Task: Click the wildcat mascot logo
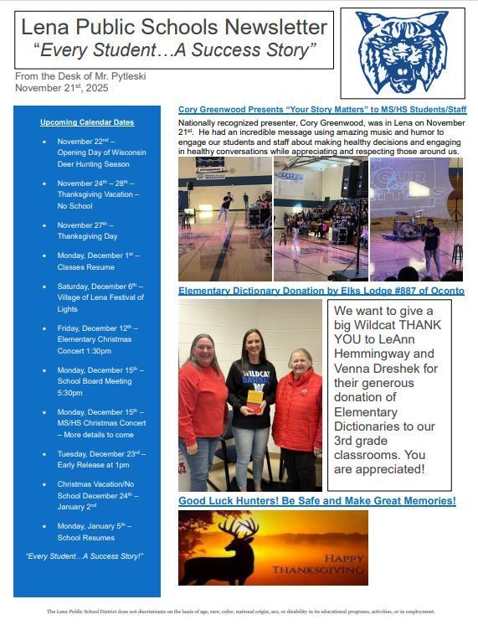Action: pyautogui.click(x=402, y=53)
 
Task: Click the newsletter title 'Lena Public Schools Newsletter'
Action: pyautogui.click(x=174, y=28)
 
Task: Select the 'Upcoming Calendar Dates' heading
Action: pyautogui.click(x=87, y=122)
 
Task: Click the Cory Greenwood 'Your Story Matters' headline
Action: pyautogui.click(x=322, y=110)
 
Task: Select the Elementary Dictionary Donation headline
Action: pyautogui.click(x=321, y=291)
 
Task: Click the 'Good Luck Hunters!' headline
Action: pyautogui.click(x=317, y=501)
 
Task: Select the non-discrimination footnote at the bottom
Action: pyautogui.click(x=240, y=612)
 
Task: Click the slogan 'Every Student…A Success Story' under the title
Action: pyautogui.click(x=174, y=50)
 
